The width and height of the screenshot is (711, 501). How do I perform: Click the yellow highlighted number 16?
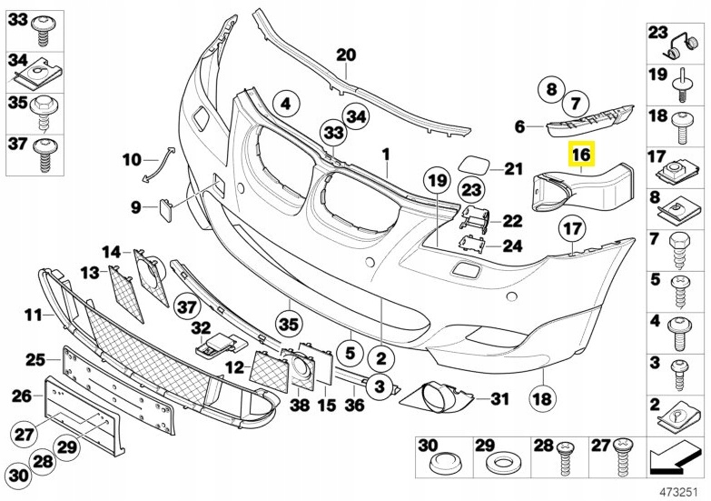[x=581, y=155]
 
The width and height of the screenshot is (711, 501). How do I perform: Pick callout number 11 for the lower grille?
[x=34, y=316]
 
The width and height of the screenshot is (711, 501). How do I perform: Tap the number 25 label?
[x=35, y=360]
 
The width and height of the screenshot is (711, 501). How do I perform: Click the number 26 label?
[x=21, y=396]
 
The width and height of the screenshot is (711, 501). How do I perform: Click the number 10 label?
[x=133, y=160]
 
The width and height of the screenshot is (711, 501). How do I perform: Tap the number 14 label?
[x=111, y=251]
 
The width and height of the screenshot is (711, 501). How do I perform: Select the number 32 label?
[x=200, y=327]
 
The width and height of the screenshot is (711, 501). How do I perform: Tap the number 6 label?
[x=519, y=126]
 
